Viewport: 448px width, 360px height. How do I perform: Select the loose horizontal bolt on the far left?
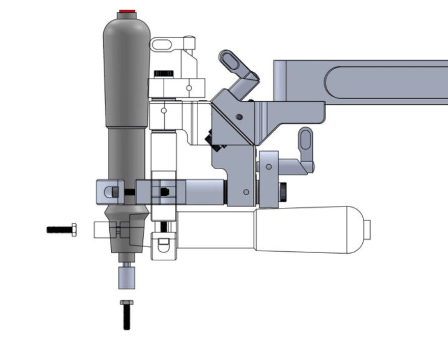[61, 230]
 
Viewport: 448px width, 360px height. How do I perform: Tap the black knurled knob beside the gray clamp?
[283, 191]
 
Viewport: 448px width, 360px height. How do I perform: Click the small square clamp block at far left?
[106, 192]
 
